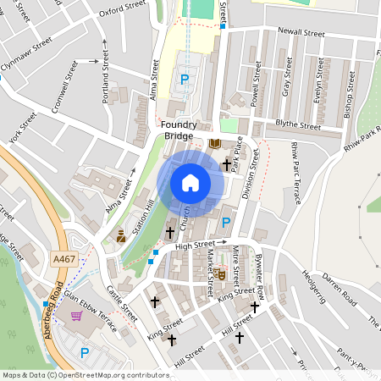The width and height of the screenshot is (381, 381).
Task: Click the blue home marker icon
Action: [x=190, y=182]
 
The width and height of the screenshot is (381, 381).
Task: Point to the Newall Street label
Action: [x=301, y=34]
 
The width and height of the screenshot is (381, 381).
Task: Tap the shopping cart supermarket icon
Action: [x=77, y=316]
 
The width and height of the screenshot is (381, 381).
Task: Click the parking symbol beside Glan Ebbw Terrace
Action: [x=84, y=352]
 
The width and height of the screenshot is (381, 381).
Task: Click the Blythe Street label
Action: [x=298, y=125]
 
